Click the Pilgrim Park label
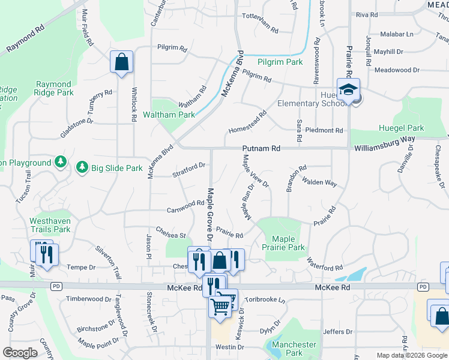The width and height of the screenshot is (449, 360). tap(280, 62)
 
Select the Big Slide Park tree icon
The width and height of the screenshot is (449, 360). tap(83, 167)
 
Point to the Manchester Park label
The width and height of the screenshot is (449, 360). tap(294, 349)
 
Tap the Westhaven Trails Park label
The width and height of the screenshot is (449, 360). tap(50, 225)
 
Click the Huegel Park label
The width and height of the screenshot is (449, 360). tap(401, 128)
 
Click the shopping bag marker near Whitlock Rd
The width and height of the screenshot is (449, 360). tap(121, 62)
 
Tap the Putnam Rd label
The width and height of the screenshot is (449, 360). tap(261, 148)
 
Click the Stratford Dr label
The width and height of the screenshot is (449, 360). tap(189, 170)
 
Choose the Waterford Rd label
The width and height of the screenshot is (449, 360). tap(325, 264)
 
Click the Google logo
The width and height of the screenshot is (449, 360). tap(20, 353)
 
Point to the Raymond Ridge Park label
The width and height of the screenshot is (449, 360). tap(55, 89)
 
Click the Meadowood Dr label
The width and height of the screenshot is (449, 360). tap(396, 70)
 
